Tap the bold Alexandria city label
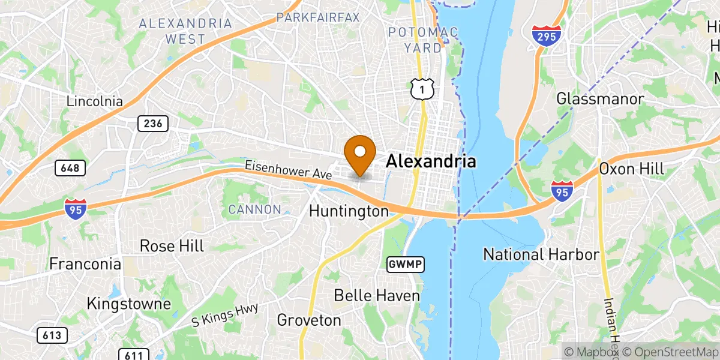pyautogui.click(x=431, y=161)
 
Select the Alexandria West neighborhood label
pyautogui.click(x=185, y=31)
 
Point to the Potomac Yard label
pyautogui.click(x=423, y=39)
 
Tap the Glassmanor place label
pyautogui.click(x=600, y=99)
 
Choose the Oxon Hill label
pyautogui.click(x=632, y=169)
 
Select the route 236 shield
pyautogui.click(x=152, y=124)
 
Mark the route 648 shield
pyautogui.click(x=70, y=168)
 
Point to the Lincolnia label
pyautogui.click(x=95, y=101)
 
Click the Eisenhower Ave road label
pyautogui.click(x=288, y=170)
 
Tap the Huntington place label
pyautogui.click(x=349, y=211)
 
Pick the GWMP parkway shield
pyautogui.click(x=406, y=263)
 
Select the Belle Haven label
pyautogui.click(x=377, y=295)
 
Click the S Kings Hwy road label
pyautogui.click(x=225, y=314)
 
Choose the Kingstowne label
pyautogui.click(x=128, y=304)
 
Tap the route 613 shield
pyautogui.click(x=52, y=335)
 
